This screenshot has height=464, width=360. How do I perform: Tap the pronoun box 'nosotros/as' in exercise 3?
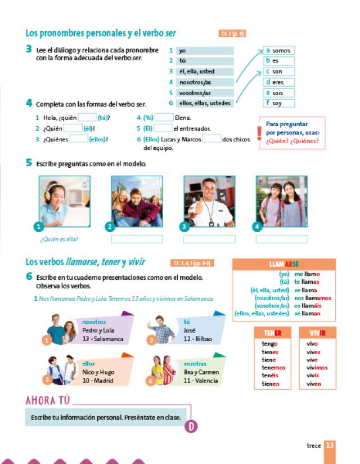(205, 82)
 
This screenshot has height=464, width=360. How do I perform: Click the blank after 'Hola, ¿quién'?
(87, 118)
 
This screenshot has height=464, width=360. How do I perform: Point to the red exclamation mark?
(259, 133)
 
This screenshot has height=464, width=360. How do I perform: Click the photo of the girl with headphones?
(64, 200)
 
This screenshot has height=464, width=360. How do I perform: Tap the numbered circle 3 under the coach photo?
(184, 227)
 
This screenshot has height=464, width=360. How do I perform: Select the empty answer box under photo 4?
(281, 239)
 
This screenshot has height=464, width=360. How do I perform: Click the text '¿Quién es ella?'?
(58, 239)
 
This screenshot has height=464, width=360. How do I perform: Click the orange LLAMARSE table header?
(284, 264)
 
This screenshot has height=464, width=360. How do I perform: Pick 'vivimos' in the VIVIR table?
(317, 368)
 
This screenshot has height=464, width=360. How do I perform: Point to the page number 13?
(330, 445)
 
